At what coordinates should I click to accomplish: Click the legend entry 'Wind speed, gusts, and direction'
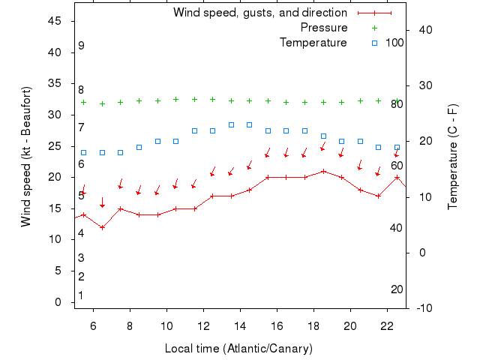coord(259,13)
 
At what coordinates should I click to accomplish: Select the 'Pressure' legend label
coord(324,28)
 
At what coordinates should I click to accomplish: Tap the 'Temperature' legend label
coord(313,43)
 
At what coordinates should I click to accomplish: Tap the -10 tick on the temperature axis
coord(422,307)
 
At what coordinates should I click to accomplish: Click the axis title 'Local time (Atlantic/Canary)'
coord(238,349)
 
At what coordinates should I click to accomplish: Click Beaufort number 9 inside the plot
coord(81,46)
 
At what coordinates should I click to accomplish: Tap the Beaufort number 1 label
coord(81,295)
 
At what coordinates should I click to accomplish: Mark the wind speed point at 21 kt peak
coord(323,171)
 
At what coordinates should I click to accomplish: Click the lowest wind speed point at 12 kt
coord(103,227)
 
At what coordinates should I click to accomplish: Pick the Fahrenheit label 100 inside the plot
coord(394,43)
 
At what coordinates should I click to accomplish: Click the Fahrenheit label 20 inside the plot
coord(397,289)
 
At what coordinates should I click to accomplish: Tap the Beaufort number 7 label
coord(81,127)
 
